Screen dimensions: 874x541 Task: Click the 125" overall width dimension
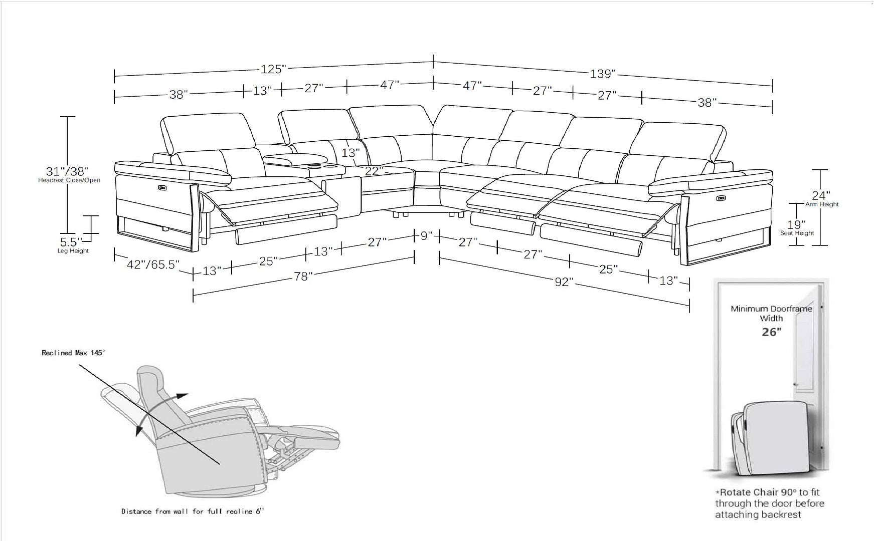(273, 69)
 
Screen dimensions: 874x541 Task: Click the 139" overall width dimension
(602, 74)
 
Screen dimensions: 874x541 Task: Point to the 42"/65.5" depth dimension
(153, 264)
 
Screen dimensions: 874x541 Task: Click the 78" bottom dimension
(303, 276)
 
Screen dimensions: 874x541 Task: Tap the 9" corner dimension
(426, 235)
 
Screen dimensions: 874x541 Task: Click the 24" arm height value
(821, 195)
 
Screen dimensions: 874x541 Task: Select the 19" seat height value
(796, 224)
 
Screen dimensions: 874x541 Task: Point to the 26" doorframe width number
(771, 332)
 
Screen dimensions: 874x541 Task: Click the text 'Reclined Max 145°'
(73, 353)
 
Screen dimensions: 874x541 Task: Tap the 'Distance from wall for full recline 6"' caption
(193, 511)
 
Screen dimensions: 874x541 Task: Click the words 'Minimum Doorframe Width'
(771, 314)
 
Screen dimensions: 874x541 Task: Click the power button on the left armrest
(162, 188)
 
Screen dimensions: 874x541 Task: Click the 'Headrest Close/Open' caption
(69, 180)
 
